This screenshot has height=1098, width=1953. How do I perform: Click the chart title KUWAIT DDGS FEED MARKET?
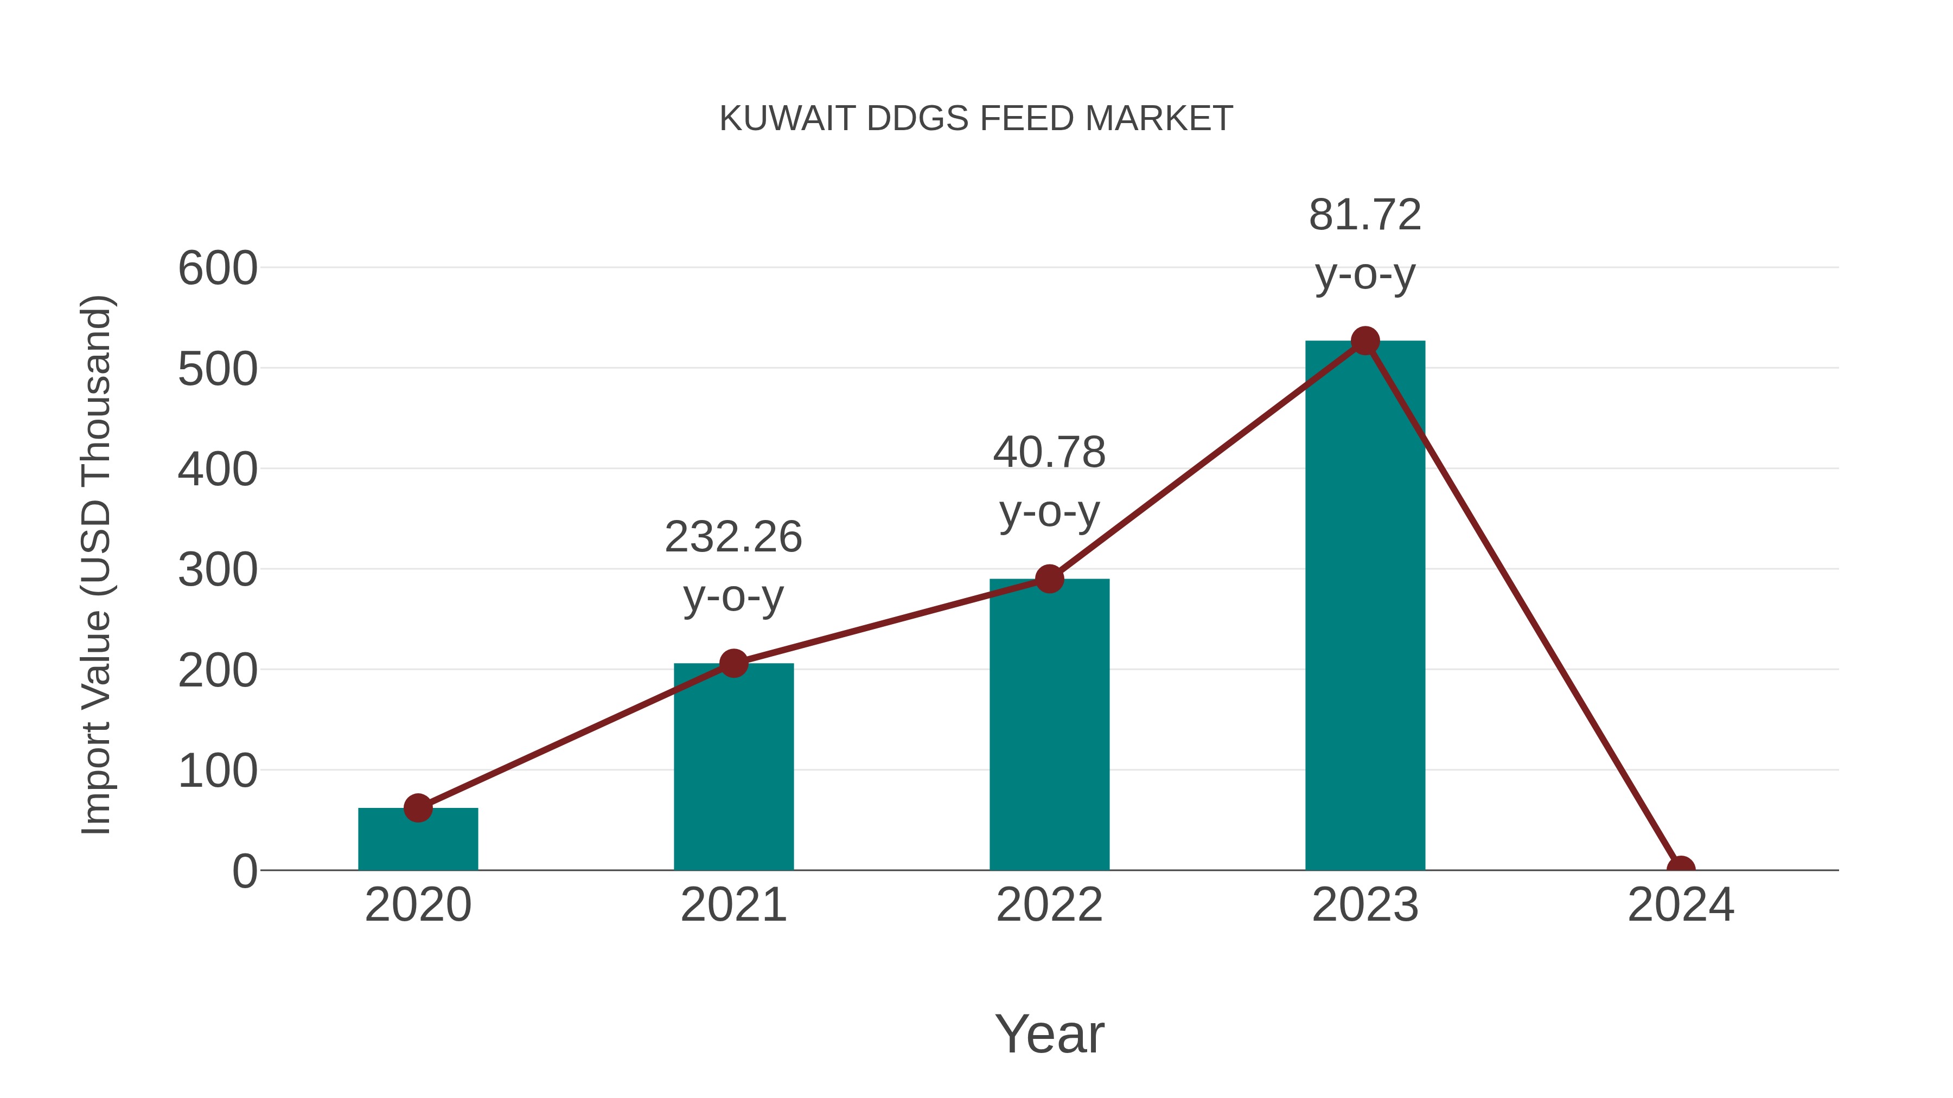point(976,119)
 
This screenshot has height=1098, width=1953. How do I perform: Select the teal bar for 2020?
point(418,841)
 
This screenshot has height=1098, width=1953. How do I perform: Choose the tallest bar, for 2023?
point(1365,606)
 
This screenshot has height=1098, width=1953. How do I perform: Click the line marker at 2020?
point(418,808)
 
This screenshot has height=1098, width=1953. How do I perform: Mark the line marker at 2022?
point(1049,579)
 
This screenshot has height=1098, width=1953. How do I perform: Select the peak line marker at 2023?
point(1365,341)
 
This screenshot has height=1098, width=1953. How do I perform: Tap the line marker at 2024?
point(1681,869)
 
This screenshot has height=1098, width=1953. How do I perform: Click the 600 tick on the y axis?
point(218,268)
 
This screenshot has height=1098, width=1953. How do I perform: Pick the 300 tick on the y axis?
point(218,570)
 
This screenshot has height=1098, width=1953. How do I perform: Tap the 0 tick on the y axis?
point(244,871)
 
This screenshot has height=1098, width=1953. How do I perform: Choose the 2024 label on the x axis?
point(1681,905)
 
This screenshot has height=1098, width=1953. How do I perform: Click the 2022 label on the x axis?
point(1049,905)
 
